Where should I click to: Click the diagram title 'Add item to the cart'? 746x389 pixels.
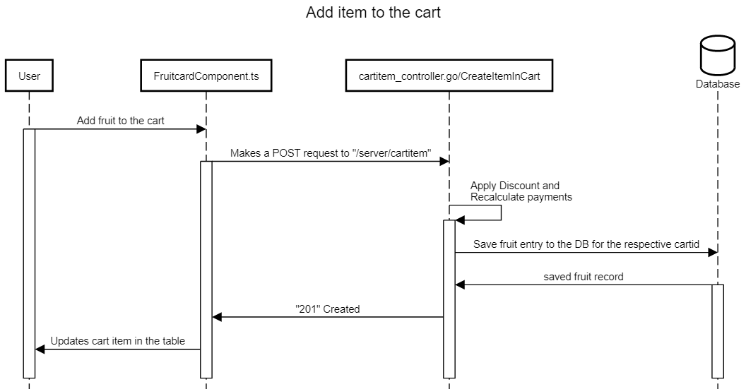point(373,13)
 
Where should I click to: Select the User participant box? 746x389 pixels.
point(29,77)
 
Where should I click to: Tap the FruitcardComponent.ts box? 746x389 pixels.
point(206,77)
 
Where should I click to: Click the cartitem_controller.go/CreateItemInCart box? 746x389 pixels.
point(449,77)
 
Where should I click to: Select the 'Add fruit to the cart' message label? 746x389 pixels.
point(121,121)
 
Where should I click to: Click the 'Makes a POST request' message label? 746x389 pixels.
point(331,153)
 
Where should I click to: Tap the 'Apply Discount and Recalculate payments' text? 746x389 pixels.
point(521,192)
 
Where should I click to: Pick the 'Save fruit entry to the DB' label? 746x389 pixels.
point(586,244)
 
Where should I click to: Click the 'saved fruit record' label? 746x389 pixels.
point(584,277)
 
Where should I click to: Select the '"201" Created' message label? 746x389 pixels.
point(328,309)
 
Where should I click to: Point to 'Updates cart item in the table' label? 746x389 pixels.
point(118,341)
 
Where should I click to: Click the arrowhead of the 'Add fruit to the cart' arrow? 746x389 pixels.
point(201,129)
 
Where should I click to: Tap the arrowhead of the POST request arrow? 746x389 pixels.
point(444,162)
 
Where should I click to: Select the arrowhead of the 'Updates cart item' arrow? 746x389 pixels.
point(40,349)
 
